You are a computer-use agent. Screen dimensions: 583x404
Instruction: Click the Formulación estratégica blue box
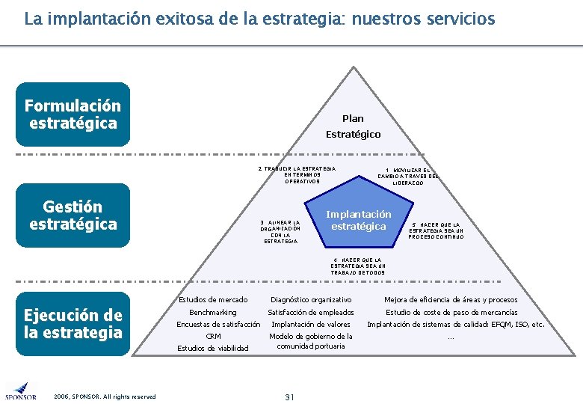73,114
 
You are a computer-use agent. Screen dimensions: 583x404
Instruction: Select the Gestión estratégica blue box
73,215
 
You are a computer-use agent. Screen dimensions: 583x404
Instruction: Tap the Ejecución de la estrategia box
73,323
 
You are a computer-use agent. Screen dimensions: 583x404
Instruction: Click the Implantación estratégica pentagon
359,220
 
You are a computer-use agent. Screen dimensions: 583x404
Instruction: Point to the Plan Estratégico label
353,126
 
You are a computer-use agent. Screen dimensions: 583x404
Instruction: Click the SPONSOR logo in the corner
20,391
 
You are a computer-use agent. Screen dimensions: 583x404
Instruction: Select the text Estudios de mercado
213,300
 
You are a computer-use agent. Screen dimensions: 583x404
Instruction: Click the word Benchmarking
213,312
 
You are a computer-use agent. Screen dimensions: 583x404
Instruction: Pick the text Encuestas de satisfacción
218,325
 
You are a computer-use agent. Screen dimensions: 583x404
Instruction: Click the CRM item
213,337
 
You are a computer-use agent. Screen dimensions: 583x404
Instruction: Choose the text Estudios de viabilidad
213,348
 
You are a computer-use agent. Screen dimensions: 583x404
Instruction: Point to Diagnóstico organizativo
311,300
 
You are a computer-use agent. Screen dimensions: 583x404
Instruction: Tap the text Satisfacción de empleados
311,312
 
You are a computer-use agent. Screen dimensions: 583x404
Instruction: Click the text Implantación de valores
311,325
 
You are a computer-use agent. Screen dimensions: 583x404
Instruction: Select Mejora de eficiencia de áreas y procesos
451,300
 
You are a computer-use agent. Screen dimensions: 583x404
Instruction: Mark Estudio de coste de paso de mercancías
451,312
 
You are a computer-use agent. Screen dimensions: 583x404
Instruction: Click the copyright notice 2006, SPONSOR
105,397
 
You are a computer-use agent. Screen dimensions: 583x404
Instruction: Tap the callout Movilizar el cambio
408,176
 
